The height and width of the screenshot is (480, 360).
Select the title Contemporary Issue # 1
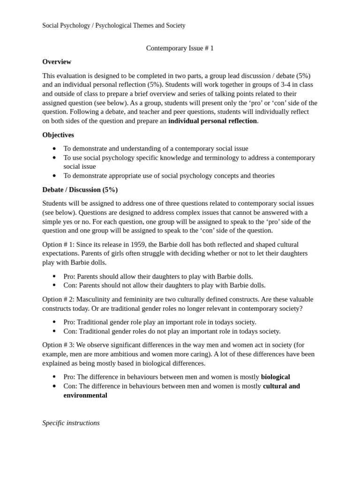[180, 48]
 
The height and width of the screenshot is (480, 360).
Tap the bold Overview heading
[57, 62]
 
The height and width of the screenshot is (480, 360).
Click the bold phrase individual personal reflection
[212, 121]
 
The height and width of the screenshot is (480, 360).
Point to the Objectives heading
[58, 135]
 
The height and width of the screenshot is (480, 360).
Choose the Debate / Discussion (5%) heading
[80, 190]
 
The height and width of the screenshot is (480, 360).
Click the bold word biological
[275, 377]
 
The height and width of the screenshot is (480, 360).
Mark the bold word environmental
[85, 395]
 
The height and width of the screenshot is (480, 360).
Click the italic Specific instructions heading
[71, 423]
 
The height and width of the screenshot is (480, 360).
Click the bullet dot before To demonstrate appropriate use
[54, 176]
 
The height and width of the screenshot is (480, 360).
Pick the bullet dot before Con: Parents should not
[54, 285]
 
